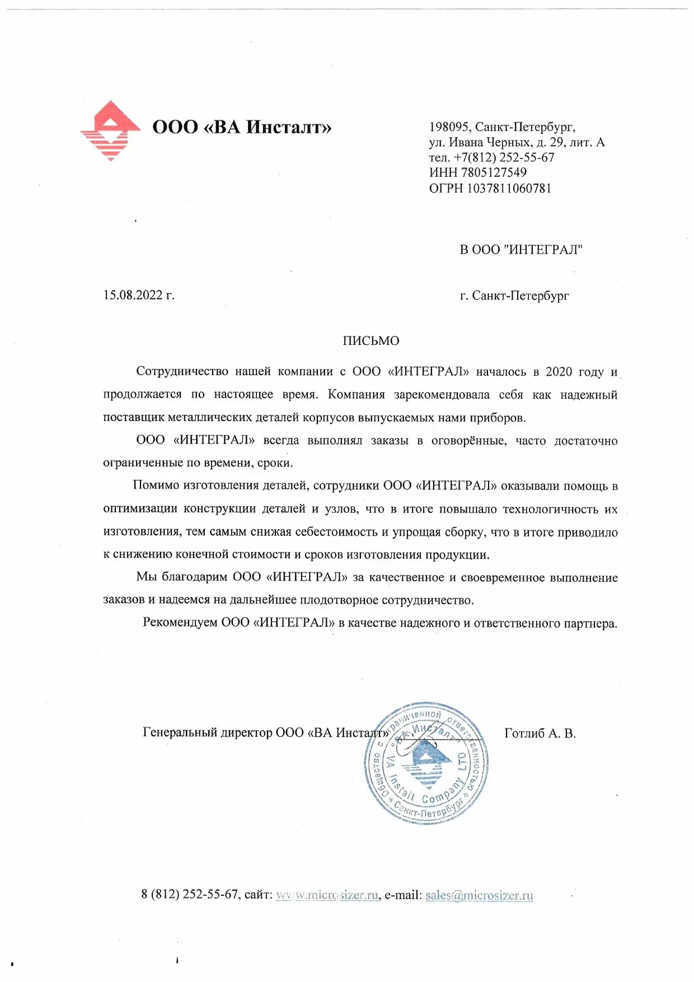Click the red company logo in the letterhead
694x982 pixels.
tap(110, 130)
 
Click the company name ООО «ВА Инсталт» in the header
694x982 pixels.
tap(242, 127)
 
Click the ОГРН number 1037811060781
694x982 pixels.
tap(509, 188)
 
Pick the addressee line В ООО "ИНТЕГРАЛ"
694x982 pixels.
tap(521, 250)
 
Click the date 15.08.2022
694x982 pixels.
tap(133, 295)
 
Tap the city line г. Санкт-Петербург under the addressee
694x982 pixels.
tap(514, 296)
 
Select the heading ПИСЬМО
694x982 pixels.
tap(371, 341)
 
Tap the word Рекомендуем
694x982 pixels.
tap(179, 623)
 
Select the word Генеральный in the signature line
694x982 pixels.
tap(179, 732)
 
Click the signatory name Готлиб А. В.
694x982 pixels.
tap(540, 733)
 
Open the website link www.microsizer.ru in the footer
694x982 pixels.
tap(327, 895)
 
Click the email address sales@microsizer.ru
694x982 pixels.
tap(479, 895)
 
